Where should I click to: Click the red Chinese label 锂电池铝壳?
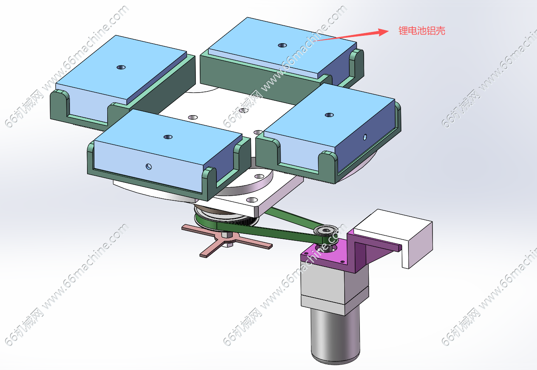(x=422, y=31)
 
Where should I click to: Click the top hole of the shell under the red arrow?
(x=282, y=45)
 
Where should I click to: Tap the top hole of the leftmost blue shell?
(x=121, y=67)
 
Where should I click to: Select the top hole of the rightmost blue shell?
(x=329, y=115)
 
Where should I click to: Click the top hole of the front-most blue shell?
(x=168, y=137)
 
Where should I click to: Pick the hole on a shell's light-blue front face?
(x=149, y=167)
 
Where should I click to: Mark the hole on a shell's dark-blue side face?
(x=365, y=137)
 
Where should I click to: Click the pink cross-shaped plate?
(x=227, y=240)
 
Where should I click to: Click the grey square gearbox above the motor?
(x=335, y=288)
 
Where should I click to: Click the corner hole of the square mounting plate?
(x=252, y=200)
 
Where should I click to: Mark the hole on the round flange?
(x=260, y=177)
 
